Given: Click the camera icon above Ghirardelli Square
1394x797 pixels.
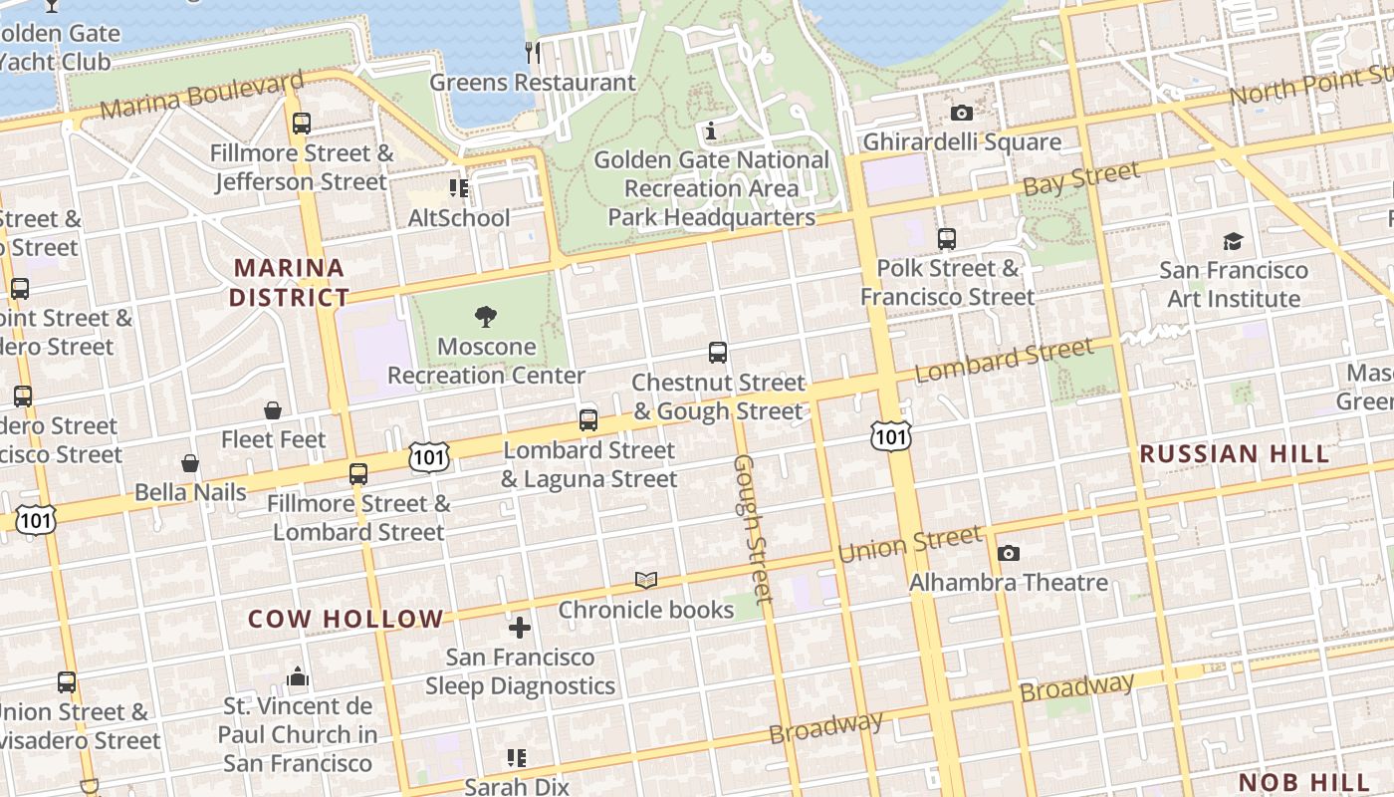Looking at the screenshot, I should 961,113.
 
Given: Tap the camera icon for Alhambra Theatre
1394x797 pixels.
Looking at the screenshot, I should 1008,553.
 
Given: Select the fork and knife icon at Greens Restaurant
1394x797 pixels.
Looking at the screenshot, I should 533,52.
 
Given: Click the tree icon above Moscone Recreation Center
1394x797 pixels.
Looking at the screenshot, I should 486,317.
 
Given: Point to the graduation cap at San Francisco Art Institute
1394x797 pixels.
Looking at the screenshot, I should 1233,241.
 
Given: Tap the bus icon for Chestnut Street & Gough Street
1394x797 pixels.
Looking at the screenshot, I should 717,352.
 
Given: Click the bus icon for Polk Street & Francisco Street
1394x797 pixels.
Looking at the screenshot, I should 946,239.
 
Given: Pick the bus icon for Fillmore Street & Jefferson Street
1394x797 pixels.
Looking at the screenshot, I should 301,124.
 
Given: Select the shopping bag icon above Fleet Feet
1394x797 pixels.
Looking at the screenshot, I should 273,409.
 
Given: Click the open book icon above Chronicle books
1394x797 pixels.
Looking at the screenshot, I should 646,580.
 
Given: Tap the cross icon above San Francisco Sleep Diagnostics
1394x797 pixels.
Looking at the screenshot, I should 520,628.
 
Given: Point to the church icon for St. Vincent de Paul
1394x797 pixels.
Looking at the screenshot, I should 298,677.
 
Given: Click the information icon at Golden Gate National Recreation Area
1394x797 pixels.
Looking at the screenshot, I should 711,131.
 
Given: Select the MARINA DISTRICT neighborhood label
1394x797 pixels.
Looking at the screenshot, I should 289,282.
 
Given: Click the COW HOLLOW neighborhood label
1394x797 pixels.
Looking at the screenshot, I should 346,619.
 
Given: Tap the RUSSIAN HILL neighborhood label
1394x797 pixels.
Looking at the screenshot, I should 1234,454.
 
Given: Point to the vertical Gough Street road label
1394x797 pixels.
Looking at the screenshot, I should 753,529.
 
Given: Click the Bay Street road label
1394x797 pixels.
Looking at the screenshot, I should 1081,179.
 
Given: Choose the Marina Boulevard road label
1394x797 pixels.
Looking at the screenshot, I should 202,95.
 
